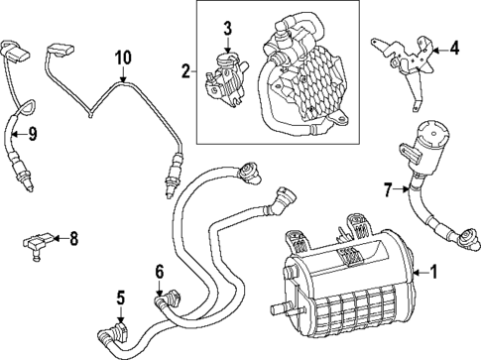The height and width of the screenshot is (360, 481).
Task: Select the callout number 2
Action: [x=185, y=70]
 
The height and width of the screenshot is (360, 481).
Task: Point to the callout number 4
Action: [x=454, y=47]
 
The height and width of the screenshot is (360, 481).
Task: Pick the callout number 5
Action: [x=120, y=296]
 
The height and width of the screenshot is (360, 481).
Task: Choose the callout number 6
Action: [x=159, y=271]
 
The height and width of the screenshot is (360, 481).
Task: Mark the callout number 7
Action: [x=388, y=186]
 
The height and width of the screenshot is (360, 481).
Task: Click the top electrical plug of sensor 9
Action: [x=15, y=46]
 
